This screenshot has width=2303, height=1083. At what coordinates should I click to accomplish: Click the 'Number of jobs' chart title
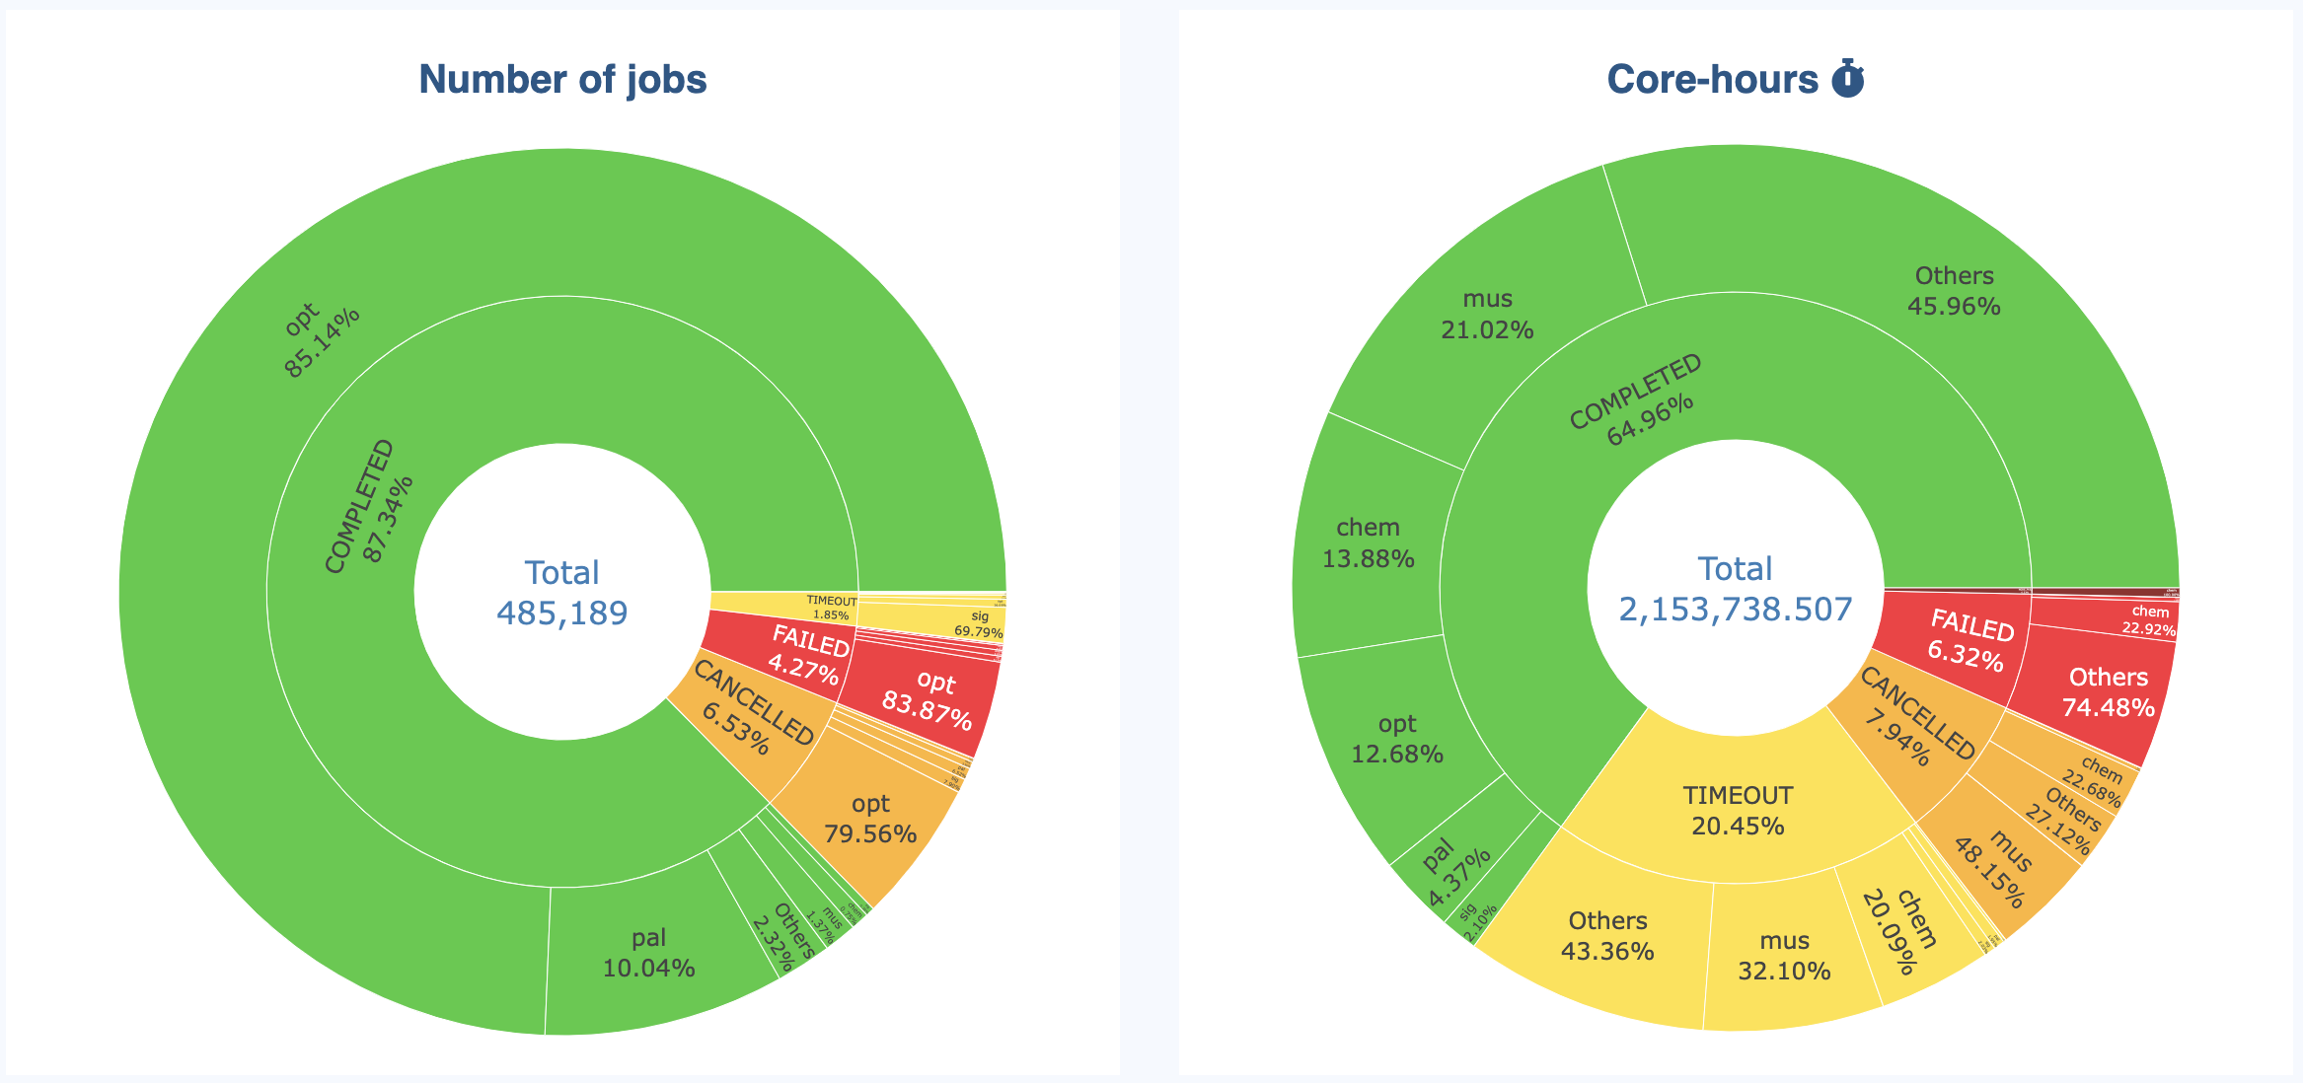tap(562, 80)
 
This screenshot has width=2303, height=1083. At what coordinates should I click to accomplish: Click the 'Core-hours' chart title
tap(1712, 80)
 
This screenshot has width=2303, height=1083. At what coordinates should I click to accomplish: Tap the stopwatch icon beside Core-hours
tap(1848, 79)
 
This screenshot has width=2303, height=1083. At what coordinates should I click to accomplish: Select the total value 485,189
tap(562, 614)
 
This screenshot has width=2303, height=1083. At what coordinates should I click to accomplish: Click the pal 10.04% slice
tap(649, 953)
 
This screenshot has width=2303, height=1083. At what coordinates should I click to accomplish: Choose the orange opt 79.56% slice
tap(871, 819)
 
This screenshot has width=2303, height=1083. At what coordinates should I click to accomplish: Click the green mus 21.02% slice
tap(1487, 314)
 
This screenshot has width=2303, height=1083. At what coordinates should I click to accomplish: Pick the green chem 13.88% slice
tap(1369, 543)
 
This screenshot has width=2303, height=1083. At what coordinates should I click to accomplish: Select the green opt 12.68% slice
tap(1397, 739)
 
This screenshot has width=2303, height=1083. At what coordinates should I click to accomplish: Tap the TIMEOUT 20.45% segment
tap(1738, 810)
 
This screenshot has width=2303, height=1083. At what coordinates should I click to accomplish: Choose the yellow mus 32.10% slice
tap(1784, 955)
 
